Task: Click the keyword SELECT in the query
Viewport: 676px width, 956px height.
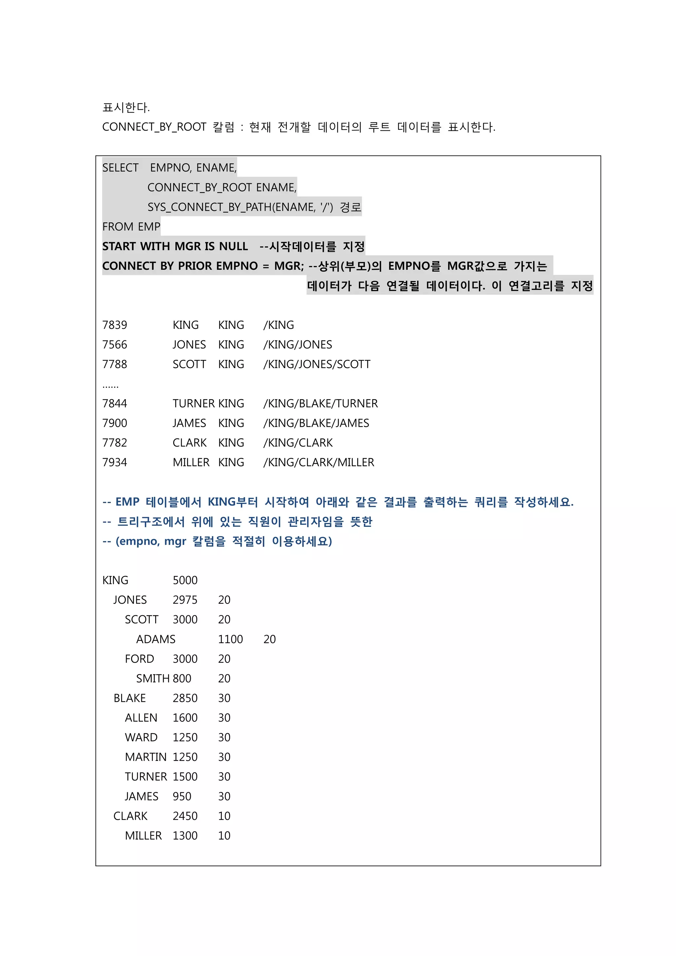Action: tap(120, 167)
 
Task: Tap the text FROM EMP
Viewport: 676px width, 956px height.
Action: tap(131, 226)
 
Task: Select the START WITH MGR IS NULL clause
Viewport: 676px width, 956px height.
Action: tap(175, 246)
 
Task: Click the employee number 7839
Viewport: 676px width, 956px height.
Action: tap(115, 325)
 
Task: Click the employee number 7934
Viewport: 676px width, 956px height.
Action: tap(115, 462)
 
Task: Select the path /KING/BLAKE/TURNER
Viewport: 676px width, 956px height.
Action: tap(321, 403)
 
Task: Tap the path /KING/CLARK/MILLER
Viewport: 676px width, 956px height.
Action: tap(319, 462)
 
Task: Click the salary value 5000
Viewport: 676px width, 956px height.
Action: tap(185, 580)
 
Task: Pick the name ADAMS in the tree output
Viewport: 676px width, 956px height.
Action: tap(156, 639)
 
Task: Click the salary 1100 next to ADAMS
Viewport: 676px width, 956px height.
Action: tap(230, 639)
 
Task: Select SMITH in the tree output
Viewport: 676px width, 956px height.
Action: tap(153, 678)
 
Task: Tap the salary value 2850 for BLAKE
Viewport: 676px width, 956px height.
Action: tap(185, 698)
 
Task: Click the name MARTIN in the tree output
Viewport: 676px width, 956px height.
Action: tap(146, 757)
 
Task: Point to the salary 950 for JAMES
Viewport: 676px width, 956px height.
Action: tap(182, 796)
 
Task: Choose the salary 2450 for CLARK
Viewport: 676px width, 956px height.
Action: tap(185, 816)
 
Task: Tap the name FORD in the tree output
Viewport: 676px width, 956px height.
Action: tap(139, 659)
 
